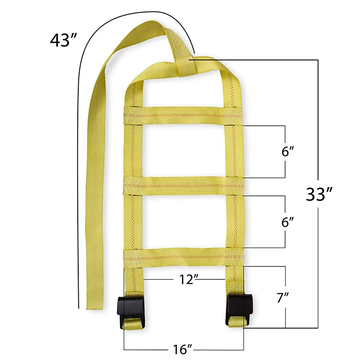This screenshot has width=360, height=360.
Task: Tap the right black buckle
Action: point(238,306)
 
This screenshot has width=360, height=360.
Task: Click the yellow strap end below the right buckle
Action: point(237,324)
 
